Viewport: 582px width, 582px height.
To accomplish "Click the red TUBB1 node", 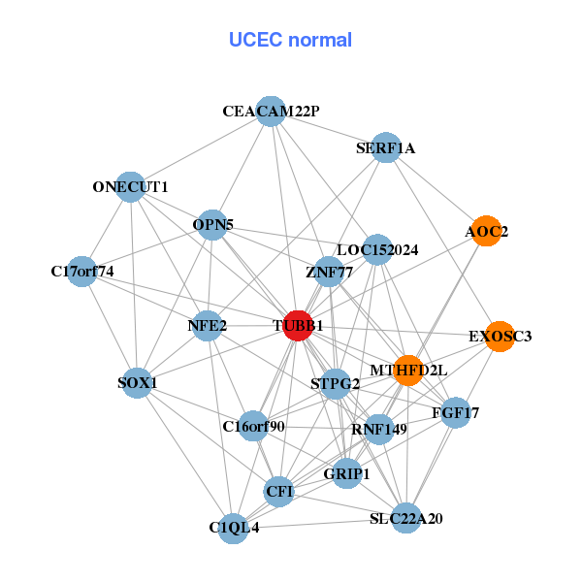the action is (x=298, y=326).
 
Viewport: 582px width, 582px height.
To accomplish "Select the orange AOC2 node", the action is (x=485, y=231).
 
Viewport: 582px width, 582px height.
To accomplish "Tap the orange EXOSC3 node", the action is (x=499, y=337).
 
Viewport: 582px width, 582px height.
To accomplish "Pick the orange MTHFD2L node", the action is (x=409, y=370).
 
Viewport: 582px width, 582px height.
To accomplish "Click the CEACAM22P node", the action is (x=271, y=112).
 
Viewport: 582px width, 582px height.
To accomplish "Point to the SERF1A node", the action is (x=386, y=147).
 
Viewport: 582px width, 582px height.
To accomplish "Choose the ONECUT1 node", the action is (x=131, y=186).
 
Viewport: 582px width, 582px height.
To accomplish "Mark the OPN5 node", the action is (x=212, y=225).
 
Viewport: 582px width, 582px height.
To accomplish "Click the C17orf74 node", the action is (x=83, y=272).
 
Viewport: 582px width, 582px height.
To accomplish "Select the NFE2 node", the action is (x=208, y=325).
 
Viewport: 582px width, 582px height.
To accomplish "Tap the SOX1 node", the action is (x=138, y=383).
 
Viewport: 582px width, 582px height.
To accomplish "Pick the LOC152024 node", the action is (x=377, y=249).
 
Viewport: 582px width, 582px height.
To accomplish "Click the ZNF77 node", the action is (x=329, y=272).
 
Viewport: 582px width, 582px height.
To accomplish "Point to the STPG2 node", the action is (x=336, y=383).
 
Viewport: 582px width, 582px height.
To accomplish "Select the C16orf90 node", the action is (x=253, y=426).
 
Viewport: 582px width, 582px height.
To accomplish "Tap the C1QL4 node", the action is (x=233, y=528).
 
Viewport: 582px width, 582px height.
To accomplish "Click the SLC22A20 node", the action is (x=406, y=518).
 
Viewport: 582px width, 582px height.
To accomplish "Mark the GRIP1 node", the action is (x=347, y=474).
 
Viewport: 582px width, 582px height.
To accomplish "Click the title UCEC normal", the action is (x=290, y=40).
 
